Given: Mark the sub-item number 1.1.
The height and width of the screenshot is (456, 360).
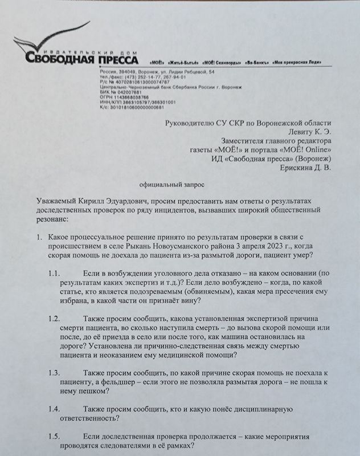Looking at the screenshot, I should (x=55, y=272).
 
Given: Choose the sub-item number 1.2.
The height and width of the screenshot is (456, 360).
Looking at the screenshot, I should (x=55, y=319).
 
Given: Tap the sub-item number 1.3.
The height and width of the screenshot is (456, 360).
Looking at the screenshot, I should (x=55, y=372).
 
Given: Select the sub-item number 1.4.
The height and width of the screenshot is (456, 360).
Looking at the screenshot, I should (x=55, y=409).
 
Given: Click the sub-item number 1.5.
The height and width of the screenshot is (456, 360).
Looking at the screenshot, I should (x=55, y=436).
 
